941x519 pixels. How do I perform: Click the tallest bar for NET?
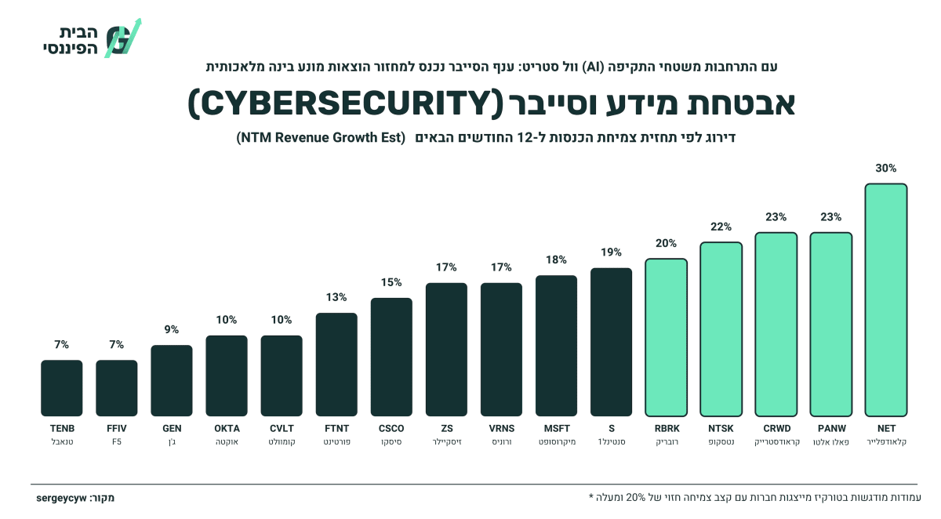(885, 299)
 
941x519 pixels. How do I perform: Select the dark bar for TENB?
(62, 388)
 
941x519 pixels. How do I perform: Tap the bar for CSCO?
(391, 357)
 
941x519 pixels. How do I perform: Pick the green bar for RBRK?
(666, 338)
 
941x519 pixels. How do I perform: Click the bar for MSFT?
(556, 346)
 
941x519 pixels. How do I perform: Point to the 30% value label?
(885, 169)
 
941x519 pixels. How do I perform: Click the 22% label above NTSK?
(721, 227)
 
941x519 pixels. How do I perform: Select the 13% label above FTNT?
(336, 297)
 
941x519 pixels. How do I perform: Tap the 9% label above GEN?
(172, 329)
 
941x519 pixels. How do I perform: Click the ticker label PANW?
(832, 428)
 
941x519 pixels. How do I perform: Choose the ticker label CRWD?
(777, 428)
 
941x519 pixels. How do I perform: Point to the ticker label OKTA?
(227, 428)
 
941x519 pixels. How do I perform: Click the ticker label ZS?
(446, 428)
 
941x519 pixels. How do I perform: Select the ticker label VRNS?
(502, 428)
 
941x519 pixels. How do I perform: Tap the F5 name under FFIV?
(116, 441)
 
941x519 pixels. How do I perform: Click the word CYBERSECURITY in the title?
(345, 103)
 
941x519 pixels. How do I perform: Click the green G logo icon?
(122, 38)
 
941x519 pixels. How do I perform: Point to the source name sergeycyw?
(61, 498)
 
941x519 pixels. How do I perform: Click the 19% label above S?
(611, 252)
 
